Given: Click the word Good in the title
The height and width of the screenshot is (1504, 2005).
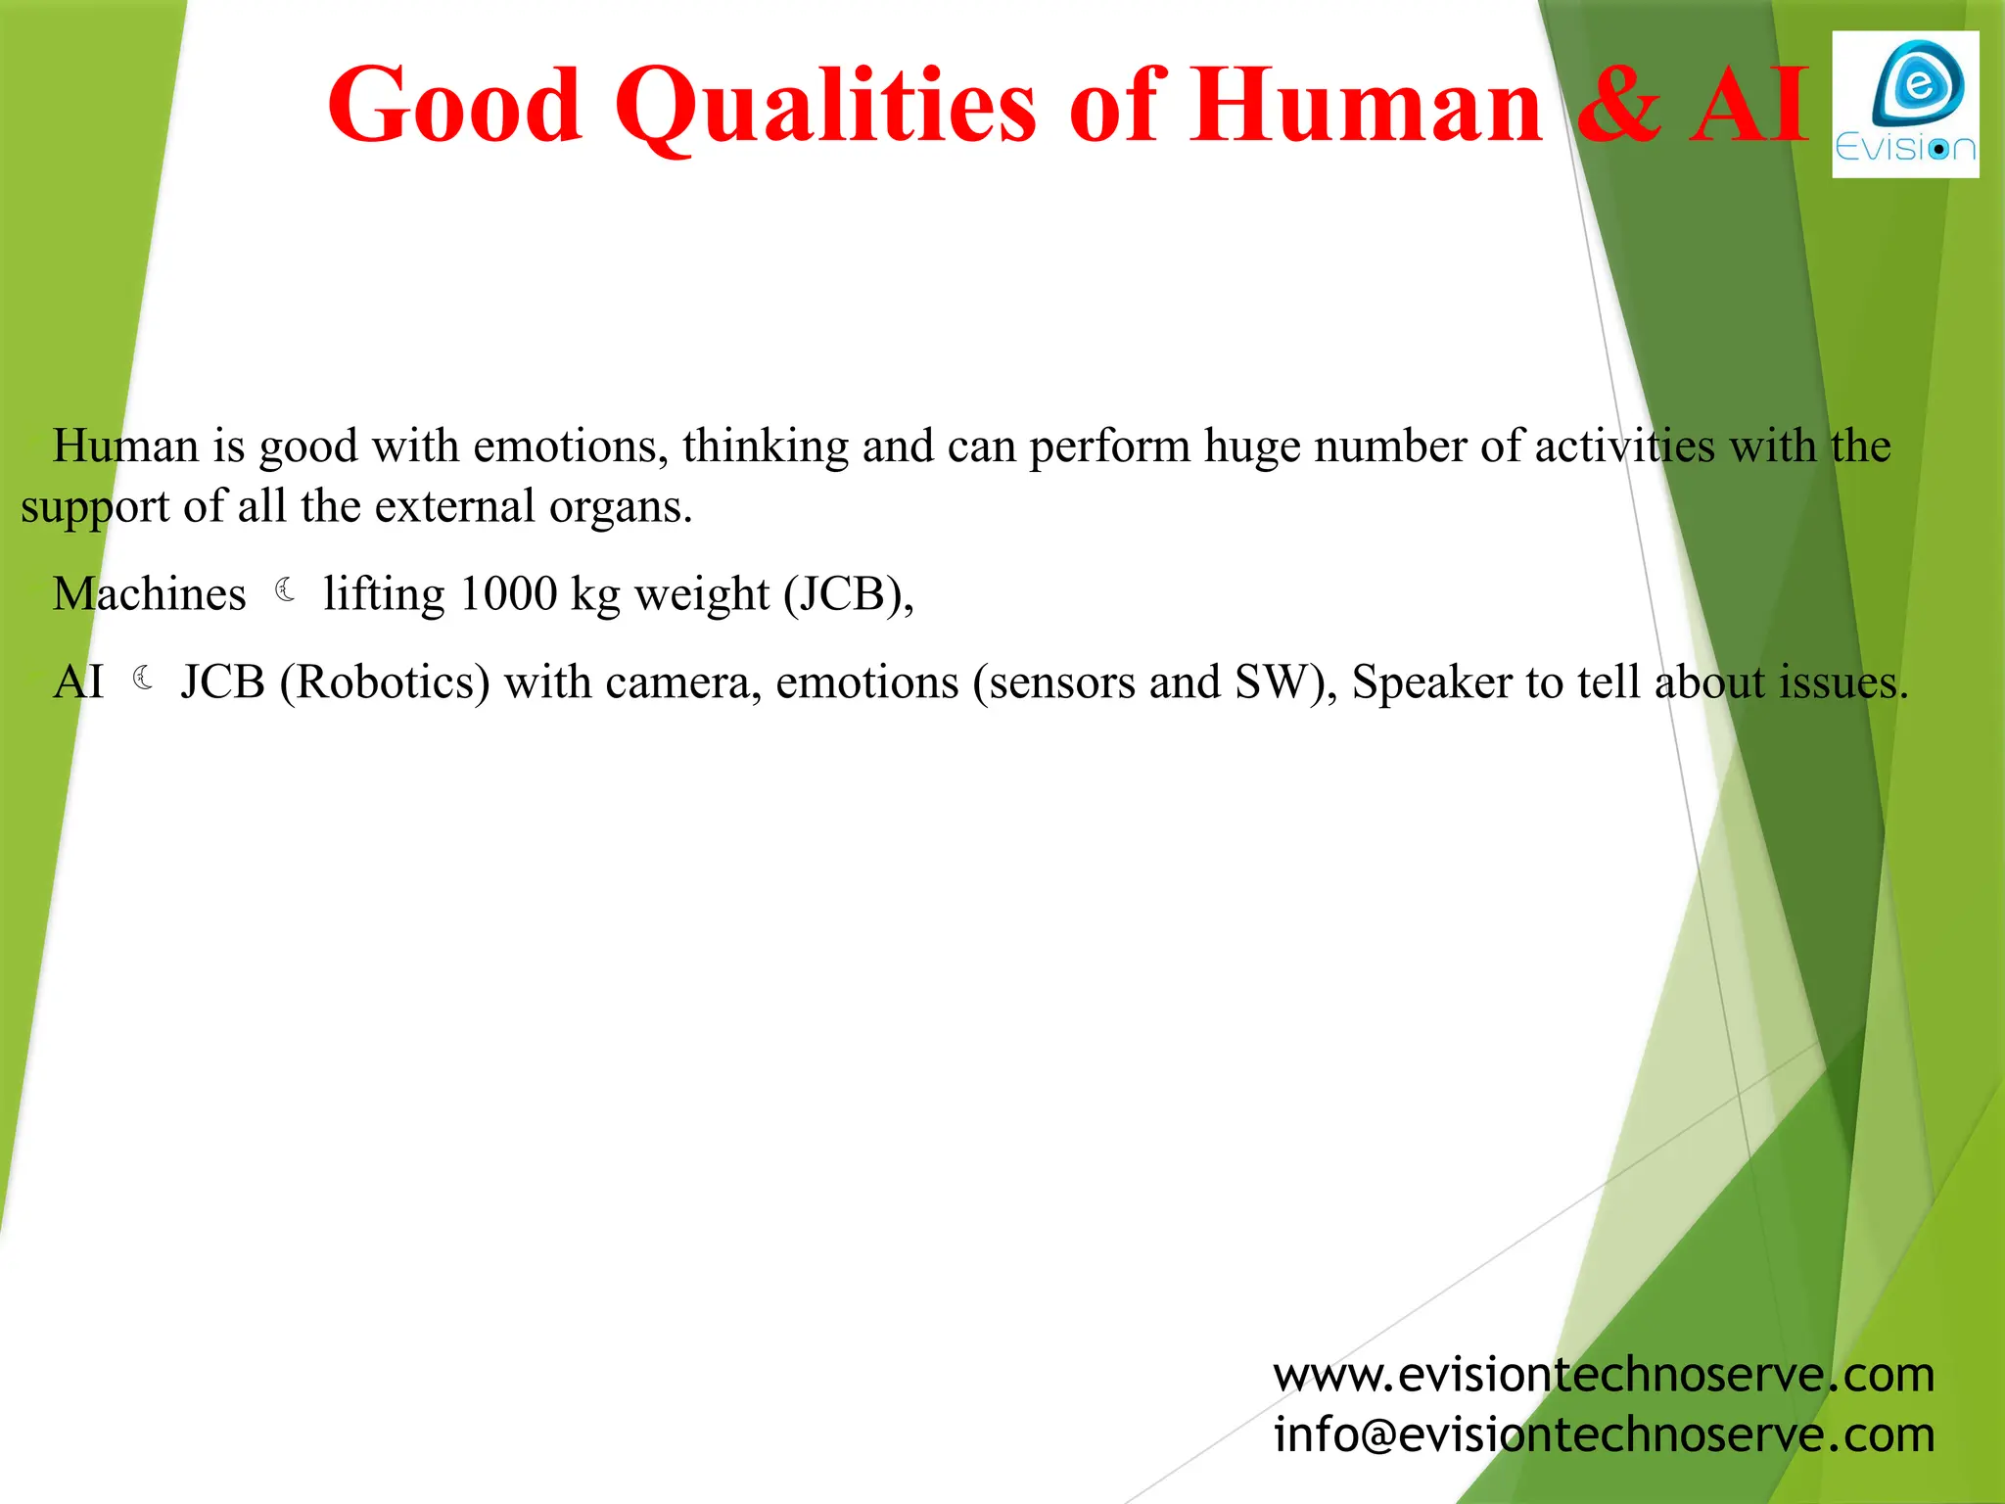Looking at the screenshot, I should (x=454, y=105).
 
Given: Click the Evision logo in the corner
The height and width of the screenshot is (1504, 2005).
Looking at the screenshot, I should (x=1904, y=105).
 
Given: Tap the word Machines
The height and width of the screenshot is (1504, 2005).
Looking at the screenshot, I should (x=149, y=594).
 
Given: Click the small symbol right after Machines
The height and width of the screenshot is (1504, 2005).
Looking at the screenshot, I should (x=285, y=590).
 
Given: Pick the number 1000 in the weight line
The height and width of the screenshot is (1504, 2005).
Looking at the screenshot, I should (x=507, y=594).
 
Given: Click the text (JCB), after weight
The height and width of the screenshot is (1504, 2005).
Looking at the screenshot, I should (x=848, y=594).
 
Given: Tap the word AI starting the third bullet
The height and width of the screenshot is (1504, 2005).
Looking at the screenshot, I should (x=78, y=682).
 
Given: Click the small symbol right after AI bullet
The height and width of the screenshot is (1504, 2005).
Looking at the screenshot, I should (x=143, y=679).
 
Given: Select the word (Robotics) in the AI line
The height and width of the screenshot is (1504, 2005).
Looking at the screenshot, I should (x=385, y=682).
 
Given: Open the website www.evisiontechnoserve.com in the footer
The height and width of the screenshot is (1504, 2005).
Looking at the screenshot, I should (x=1604, y=1375).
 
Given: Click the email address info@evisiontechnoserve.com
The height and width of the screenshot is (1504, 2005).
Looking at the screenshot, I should (x=1604, y=1434).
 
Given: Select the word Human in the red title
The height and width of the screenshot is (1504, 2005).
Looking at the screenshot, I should (x=1366, y=105).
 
